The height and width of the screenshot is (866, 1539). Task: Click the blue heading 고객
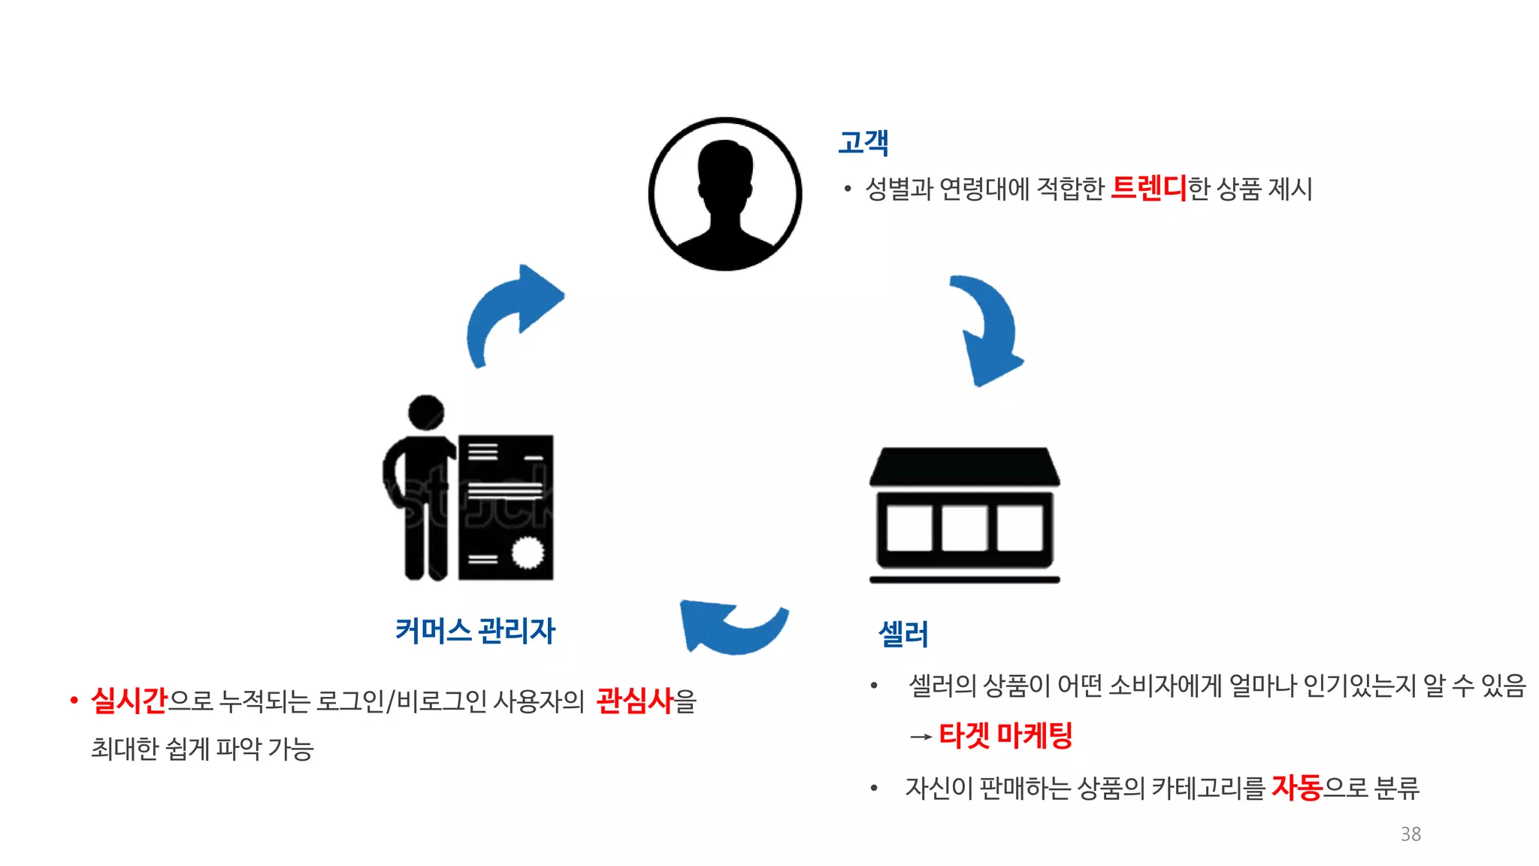click(x=863, y=142)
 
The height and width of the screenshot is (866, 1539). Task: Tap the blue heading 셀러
click(x=903, y=634)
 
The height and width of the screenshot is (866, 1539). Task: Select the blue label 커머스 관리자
click(x=475, y=630)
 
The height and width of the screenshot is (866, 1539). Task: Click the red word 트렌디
click(x=1148, y=188)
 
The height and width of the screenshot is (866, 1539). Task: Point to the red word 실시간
click(x=129, y=700)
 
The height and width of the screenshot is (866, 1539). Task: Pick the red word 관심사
click(x=635, y=700)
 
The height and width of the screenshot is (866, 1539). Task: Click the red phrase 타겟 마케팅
click(x=1005, y=734)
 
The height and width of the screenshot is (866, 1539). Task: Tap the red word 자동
click(x=1296, y=787)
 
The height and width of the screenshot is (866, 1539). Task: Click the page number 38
click(x=1410, y=834)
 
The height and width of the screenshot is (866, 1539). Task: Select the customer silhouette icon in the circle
click(x=725, y=194)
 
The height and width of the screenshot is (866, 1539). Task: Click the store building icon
click(x=965, y=515)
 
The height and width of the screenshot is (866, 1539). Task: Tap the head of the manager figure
click(x=426, y=412)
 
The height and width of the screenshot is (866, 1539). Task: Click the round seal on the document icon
click(x=528, y=553)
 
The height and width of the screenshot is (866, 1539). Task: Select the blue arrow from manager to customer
click(x=511, y=312)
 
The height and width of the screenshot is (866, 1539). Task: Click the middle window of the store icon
click(x=965, y=528)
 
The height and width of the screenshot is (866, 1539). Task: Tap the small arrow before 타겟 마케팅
click(x=921, y=737)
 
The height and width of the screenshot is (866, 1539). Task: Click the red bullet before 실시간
click(x=74, y=701)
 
